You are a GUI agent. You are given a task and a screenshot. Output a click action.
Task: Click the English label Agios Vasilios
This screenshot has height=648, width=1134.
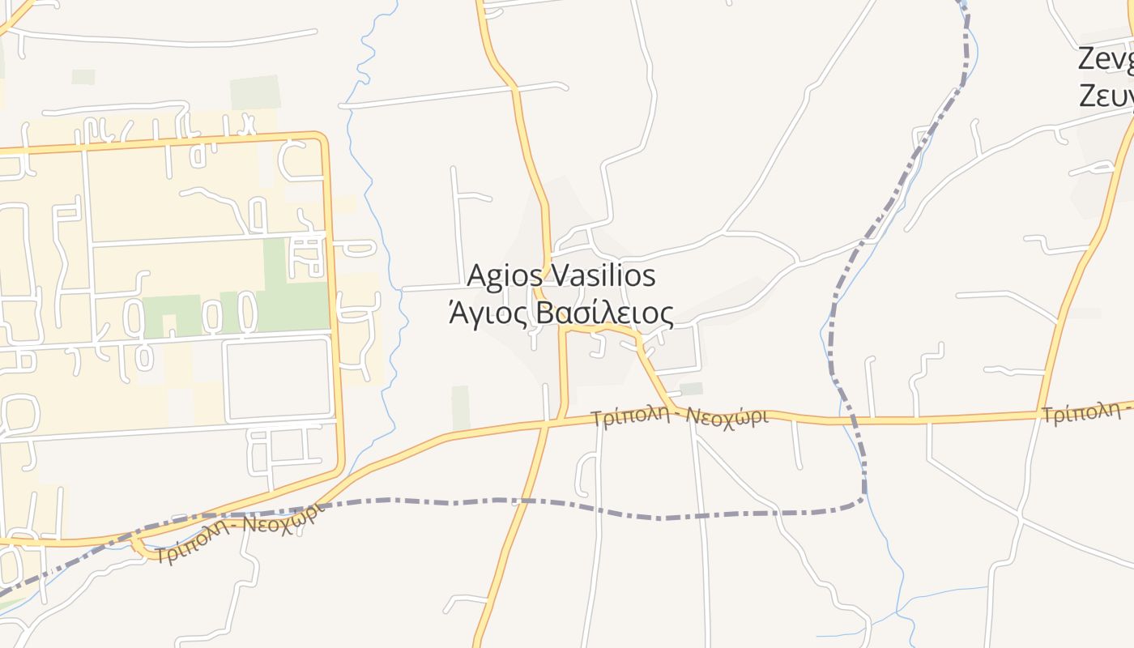[561, 275]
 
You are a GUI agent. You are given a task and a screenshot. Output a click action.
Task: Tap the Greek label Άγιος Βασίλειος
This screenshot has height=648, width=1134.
[561, 313]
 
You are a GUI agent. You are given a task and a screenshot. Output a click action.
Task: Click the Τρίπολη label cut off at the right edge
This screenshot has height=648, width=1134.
[1085, 414]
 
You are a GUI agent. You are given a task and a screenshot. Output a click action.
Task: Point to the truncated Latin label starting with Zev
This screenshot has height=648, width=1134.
[1106, 60]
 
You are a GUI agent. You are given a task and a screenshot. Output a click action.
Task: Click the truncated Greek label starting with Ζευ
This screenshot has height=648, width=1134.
[1106, 96]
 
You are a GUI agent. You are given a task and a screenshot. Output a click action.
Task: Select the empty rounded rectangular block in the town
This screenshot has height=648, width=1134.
[277, 378]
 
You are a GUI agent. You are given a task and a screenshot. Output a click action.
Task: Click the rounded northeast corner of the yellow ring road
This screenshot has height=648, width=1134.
[322, 140]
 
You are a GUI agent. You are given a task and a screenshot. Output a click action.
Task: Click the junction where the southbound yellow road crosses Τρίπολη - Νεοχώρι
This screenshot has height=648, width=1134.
[548, 422]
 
